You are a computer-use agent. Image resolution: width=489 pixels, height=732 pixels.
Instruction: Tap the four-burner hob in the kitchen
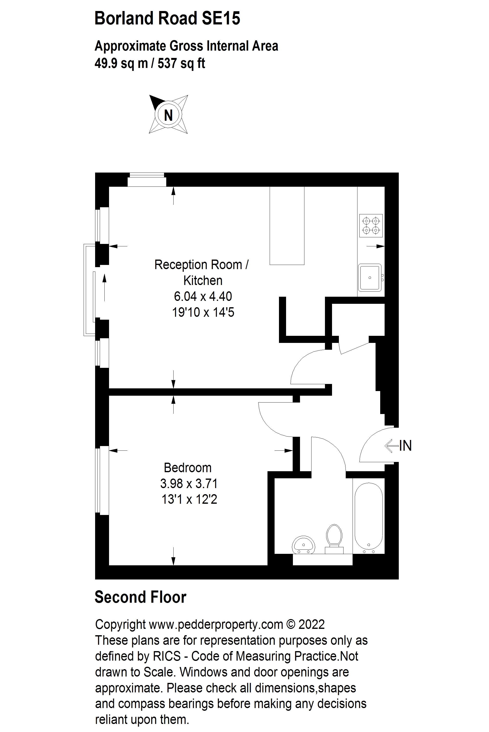point(371,226)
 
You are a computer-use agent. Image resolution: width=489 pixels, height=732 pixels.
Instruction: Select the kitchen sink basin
point(369,277)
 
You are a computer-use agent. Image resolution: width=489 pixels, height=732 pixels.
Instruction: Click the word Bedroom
point(188,468)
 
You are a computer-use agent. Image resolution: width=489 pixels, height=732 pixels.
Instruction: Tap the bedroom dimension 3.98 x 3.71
point(189,483)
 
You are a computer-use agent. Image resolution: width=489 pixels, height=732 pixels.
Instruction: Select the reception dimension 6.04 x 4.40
point(203,296)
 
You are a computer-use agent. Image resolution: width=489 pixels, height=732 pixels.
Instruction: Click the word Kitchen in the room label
point(203,281)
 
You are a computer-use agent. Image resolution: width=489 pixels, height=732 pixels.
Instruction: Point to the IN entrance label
point(405,446)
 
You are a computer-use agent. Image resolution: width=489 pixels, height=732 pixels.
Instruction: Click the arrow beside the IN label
point(392,446)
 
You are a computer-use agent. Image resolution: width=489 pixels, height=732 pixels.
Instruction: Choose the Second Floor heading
point(140,597)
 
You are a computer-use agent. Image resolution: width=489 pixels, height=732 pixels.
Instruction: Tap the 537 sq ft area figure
point(181,63)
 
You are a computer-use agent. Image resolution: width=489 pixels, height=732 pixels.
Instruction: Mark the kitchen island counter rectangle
point(287,226)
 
